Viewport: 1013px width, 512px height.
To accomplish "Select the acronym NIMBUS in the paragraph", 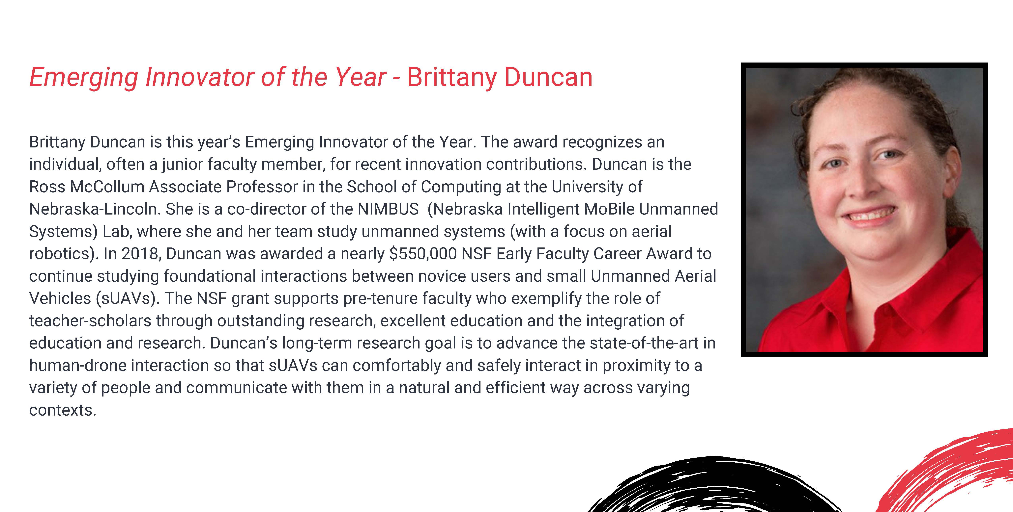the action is pyautogui.click(x=388, y=209).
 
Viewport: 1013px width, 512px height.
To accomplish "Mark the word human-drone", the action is pyautogui.click(x=78, y=365).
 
